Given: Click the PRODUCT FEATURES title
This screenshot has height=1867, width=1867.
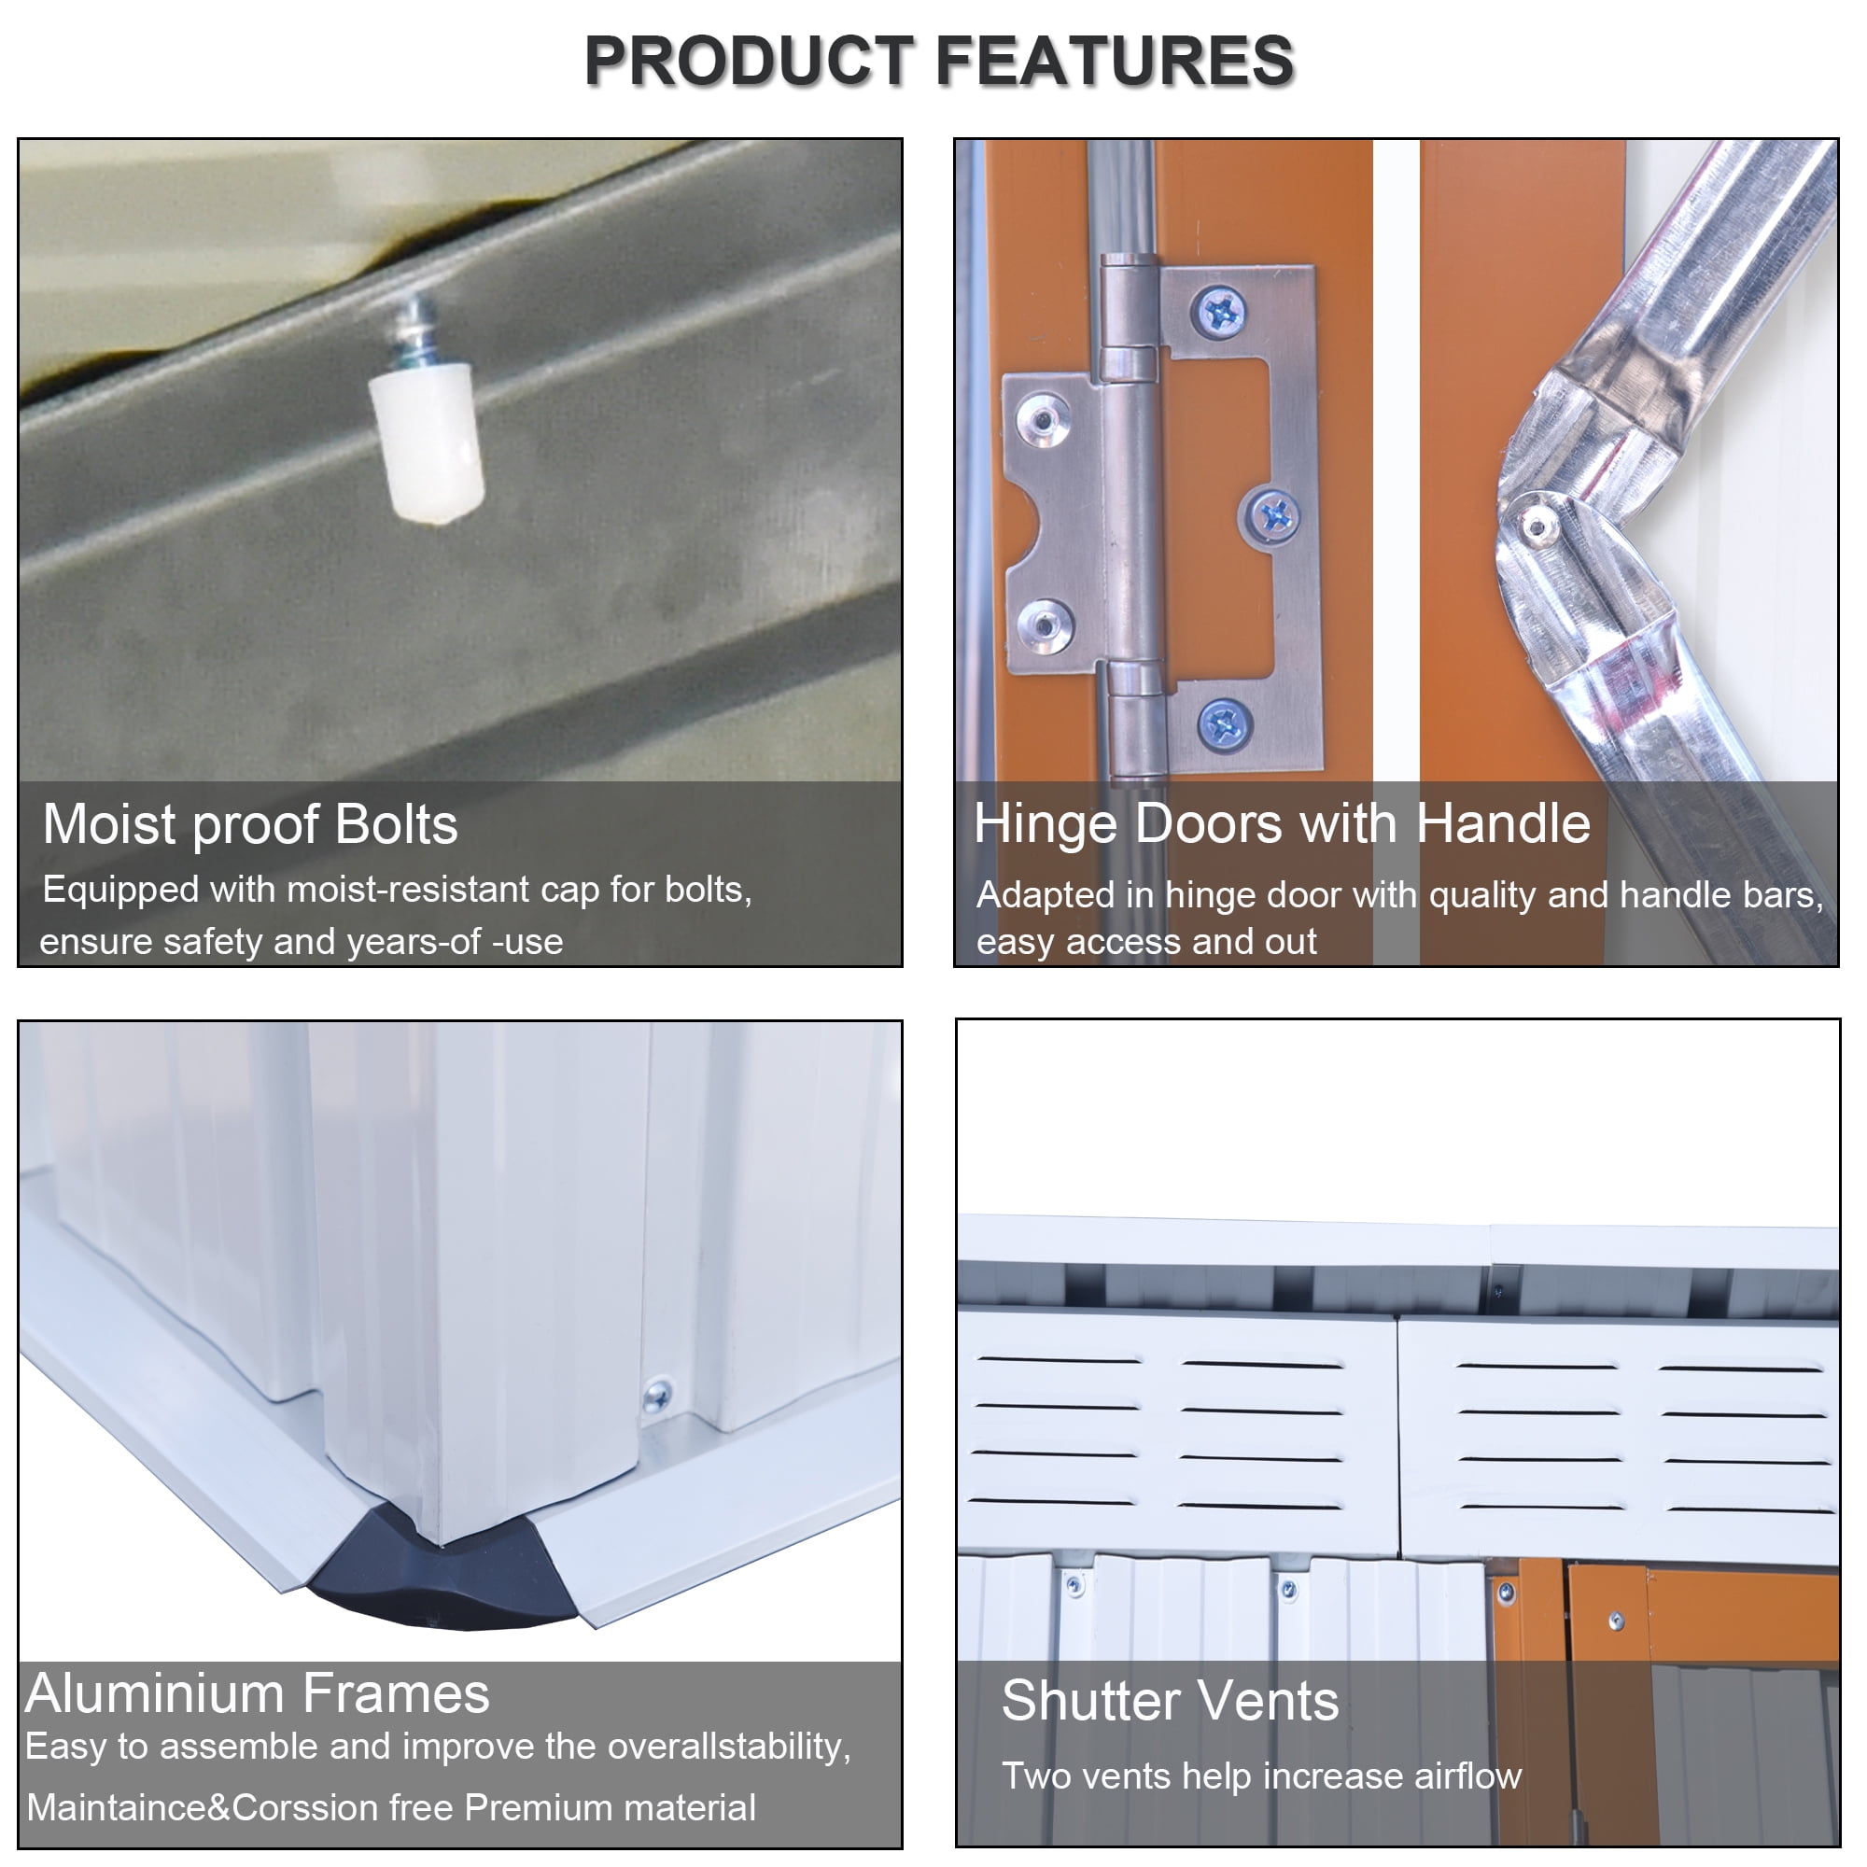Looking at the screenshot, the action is coord(938,60).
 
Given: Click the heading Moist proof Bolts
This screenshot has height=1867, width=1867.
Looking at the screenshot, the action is coord(250,824).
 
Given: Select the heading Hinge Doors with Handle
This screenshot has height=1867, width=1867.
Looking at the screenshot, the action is coord(1282,823).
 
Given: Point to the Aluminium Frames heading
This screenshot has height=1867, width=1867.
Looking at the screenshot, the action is coord(258,1693).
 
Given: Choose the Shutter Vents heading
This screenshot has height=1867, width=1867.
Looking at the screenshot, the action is coord(1170,1700).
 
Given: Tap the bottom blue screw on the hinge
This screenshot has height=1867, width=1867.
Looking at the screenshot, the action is coord(1226,723).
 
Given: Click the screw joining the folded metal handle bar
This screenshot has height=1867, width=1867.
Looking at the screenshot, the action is coord(1535,526).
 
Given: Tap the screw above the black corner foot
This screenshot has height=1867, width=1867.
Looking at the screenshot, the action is coord(657,1394).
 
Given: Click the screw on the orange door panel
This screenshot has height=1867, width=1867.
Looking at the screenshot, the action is coord(1616,1621).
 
